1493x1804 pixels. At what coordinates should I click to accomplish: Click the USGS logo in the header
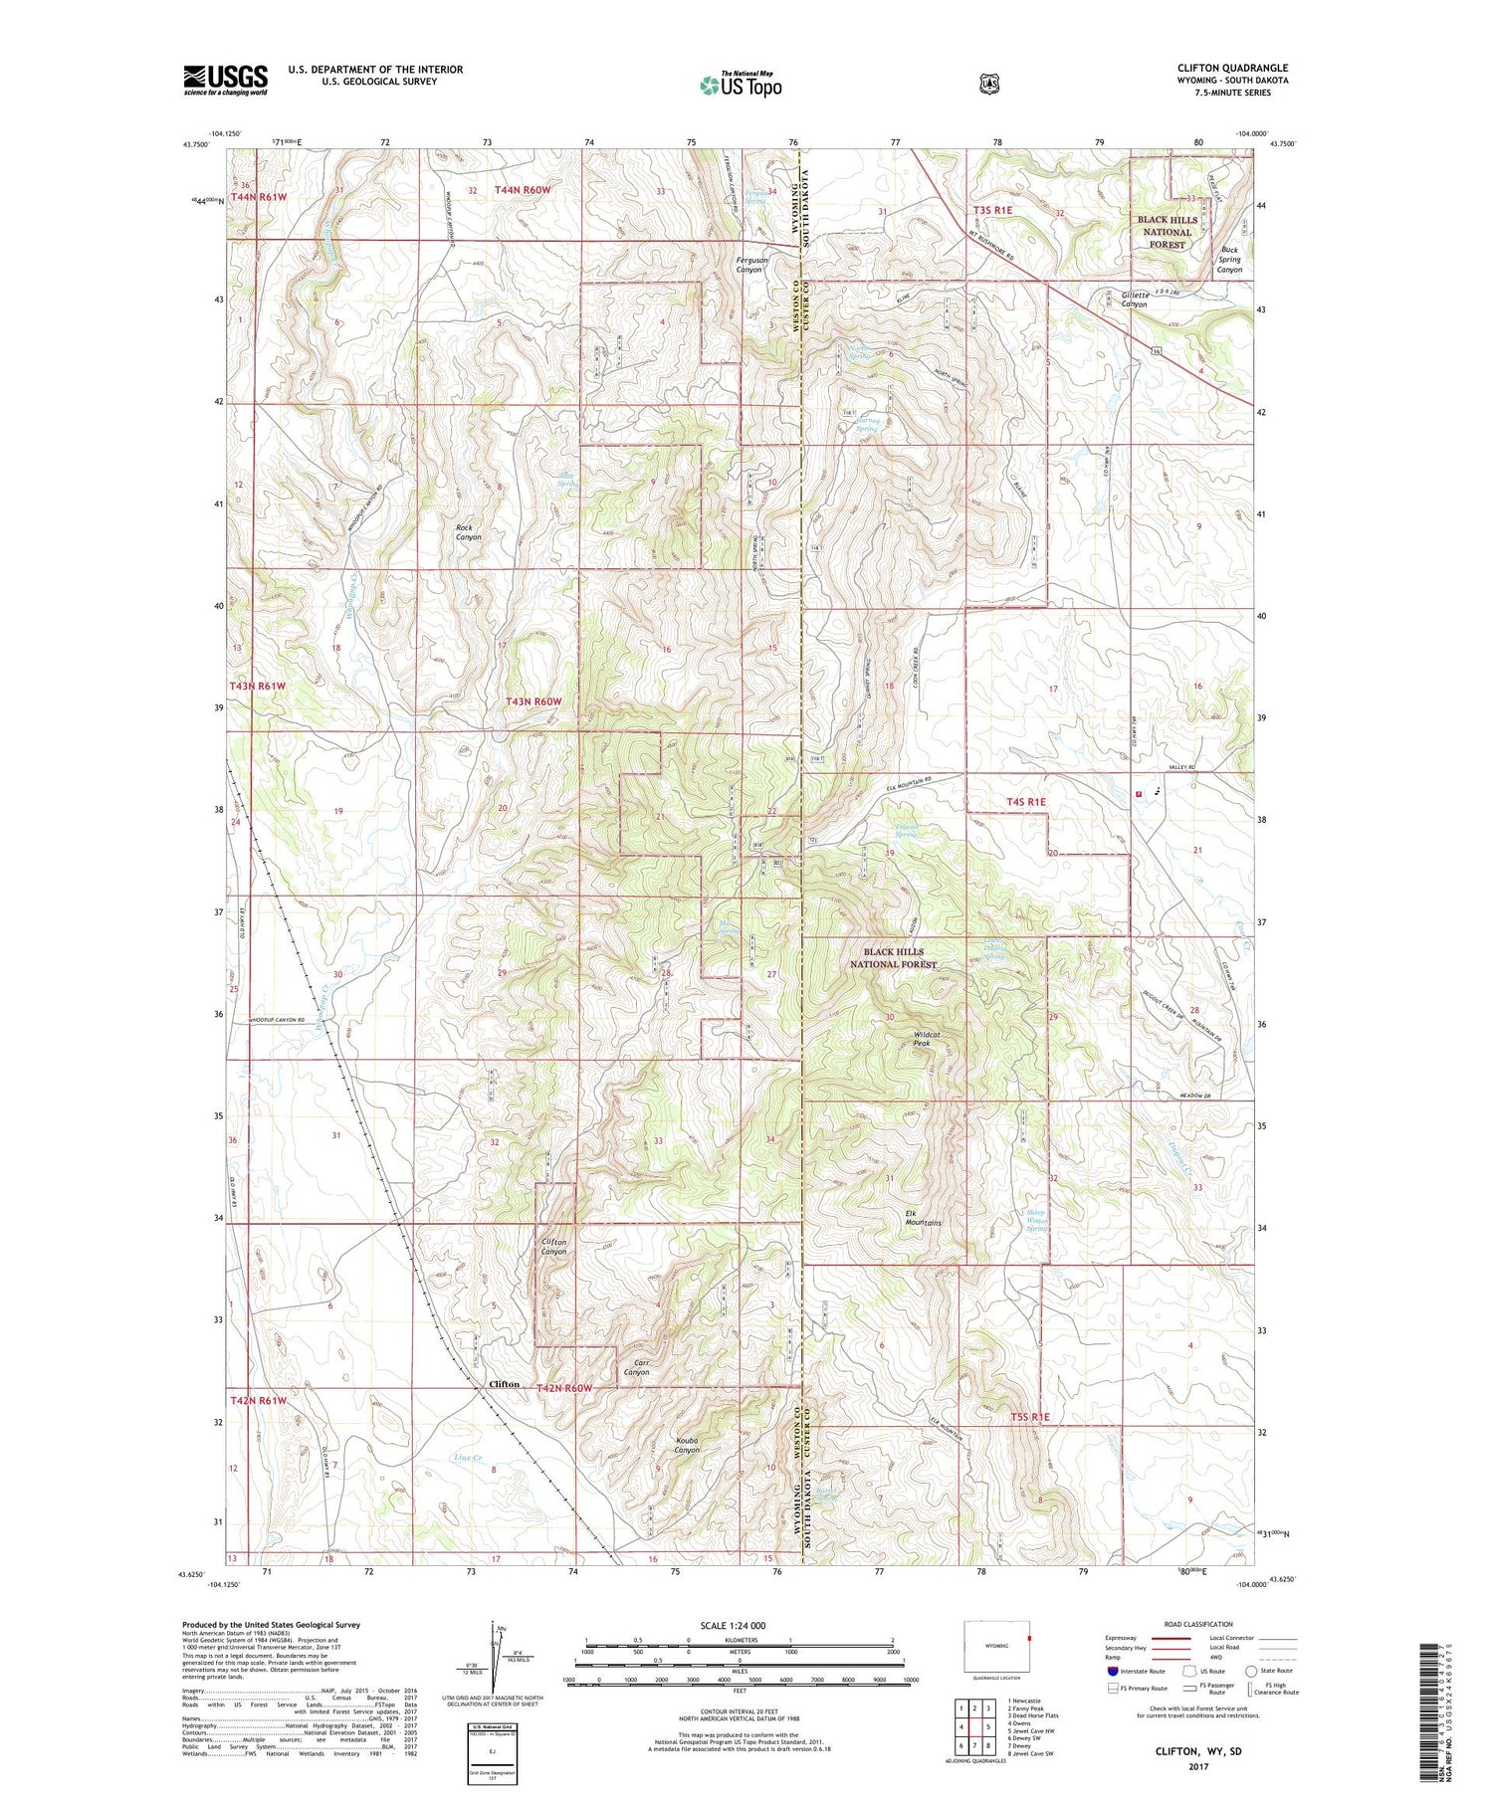[x=226, y=80]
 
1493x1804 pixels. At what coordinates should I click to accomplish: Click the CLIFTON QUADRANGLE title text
[x=1232, y=68]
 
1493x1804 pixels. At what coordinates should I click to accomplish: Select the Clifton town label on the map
[x=504, y=1384]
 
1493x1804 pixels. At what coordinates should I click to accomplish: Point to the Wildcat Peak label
[x=922, y=1038]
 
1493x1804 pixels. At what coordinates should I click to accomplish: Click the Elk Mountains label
[x=923, y=1217]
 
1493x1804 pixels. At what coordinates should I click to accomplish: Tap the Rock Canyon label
[x=468, y=532]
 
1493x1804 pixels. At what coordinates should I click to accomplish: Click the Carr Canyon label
[x=635, y=1366]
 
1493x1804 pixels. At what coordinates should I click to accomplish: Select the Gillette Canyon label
[x=1120, y=299]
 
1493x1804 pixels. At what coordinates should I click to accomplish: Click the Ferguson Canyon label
[x=748, y=264]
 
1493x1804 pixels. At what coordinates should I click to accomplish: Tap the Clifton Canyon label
[x=553, y=1246]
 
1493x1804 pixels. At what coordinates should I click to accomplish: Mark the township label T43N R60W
[x=533, y=702]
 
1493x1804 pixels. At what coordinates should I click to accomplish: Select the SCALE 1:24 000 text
[x=740, y=1625]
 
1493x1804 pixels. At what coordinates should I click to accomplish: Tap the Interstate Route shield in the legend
[x=1113, y=1671]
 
